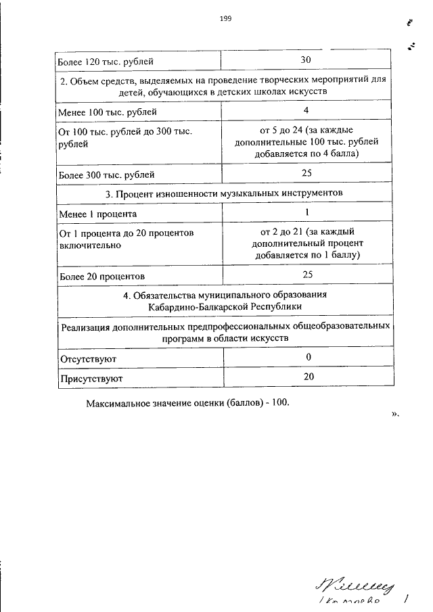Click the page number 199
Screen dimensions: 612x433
(225, 19)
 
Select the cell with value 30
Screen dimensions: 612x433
(305, 61)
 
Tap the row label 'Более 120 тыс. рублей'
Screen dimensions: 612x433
(106, 62)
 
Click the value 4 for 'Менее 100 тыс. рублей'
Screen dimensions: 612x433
(306, 111)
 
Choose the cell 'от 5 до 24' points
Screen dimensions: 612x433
(306, 141)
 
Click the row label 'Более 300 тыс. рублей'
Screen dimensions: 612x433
(107, 174)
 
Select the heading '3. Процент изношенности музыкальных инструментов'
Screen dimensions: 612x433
(225, 193)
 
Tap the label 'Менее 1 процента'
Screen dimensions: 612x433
(98, 214)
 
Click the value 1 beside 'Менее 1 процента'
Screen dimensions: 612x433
(306, 213)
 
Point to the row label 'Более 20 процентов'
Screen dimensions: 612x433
(101, 276)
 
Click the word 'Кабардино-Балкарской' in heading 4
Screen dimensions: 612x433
(198, 306)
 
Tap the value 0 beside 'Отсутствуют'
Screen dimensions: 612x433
(308, 356)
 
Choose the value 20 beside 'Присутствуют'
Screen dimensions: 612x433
(308, 377)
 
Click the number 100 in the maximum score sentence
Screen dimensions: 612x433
(279, 403)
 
